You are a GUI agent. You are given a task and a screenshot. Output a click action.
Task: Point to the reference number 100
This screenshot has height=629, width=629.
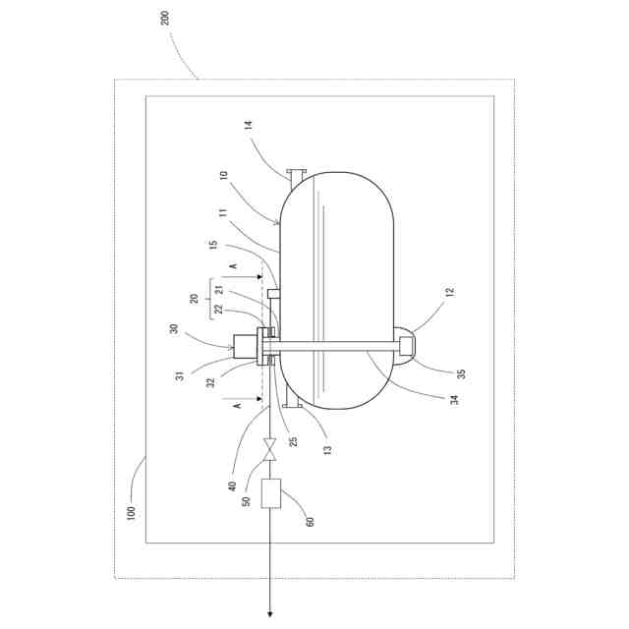click(132, 512)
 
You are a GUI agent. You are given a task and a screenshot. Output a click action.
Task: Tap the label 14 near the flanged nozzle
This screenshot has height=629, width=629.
click(249, 126)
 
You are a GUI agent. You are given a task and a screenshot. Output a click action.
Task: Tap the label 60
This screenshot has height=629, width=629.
click(311, 522)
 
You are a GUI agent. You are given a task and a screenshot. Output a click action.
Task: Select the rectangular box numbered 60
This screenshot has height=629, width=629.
click(270, 491)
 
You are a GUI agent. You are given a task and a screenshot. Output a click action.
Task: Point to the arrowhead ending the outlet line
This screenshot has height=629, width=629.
click(270, 615)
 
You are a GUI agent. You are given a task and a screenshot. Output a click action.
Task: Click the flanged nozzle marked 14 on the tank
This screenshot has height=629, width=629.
click(296, 174)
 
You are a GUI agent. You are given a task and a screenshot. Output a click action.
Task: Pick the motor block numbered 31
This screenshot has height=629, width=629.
click(243, 345)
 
